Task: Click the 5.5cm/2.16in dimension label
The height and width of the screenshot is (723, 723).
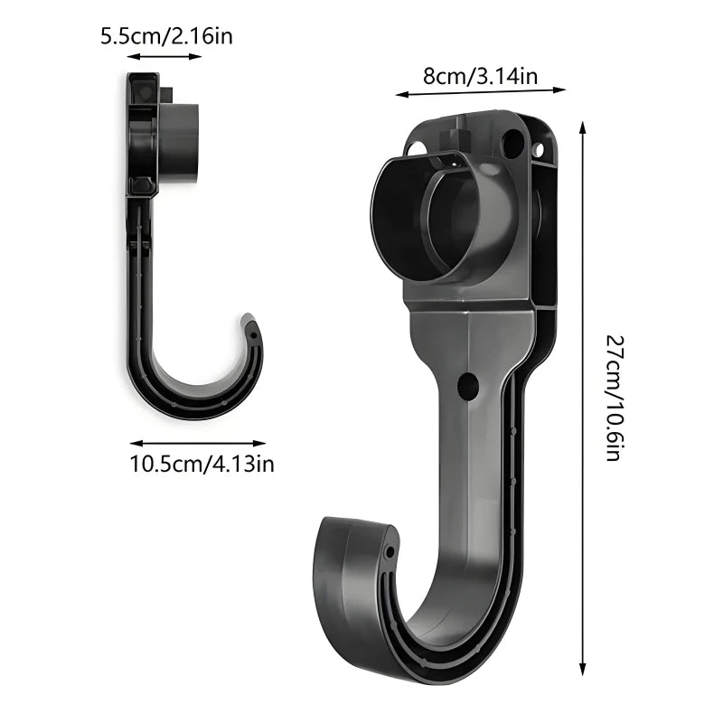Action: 173,37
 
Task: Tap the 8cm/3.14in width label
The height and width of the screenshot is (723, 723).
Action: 480,76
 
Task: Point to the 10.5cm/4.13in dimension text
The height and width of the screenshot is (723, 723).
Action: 202,464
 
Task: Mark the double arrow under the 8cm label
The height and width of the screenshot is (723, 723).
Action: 480,91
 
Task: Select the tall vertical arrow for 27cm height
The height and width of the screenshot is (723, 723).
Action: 583,398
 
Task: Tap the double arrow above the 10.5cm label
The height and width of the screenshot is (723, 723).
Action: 198,443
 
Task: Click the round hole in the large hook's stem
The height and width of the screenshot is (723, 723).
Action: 467,386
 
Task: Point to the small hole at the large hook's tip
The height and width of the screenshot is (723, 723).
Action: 390,550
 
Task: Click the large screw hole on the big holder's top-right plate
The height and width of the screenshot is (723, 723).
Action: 512,142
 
